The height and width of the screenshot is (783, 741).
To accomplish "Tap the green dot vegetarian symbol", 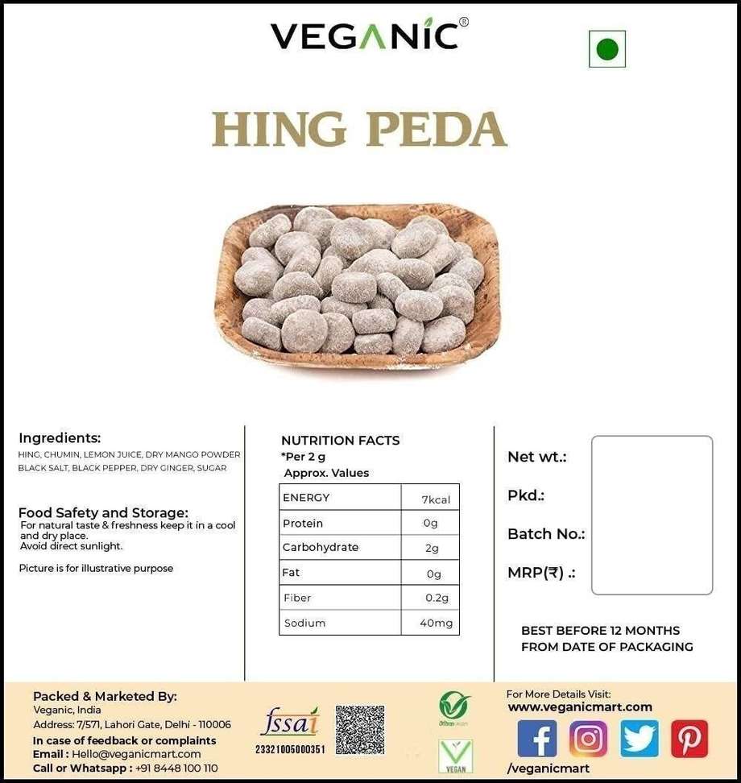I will click(x=606, y=49).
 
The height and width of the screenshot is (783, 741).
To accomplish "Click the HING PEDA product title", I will click(x=359, y=129).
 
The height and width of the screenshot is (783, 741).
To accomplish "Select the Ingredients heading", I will click(x=60, y=438).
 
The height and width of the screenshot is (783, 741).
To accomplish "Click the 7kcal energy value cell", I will click(x=435, y=499).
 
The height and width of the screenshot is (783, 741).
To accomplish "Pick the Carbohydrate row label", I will click(x=321, y=547).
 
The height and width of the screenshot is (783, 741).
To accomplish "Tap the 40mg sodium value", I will click(x=436, y=623).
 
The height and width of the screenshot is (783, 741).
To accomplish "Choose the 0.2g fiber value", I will click(x=437, y=598).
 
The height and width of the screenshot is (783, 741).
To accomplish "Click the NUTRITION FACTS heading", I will click(x=340, y=441).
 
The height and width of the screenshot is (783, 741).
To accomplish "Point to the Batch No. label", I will click(x=546, y=534).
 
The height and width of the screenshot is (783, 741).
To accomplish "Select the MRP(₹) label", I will click(x=541, y=574).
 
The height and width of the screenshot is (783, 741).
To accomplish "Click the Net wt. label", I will click(x=537, y=457).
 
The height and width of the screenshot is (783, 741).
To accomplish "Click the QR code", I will click(x=359, y=730).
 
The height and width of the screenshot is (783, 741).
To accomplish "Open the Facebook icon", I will click(x=536, y=739).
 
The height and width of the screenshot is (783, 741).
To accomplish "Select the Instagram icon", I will click(x=588, y=739).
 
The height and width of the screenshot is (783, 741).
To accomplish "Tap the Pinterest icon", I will click(x=689, y=739).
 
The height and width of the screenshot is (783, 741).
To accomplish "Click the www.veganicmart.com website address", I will click(x=580, y=707).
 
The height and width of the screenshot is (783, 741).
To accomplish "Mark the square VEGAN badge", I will click(x=455, y=756).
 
